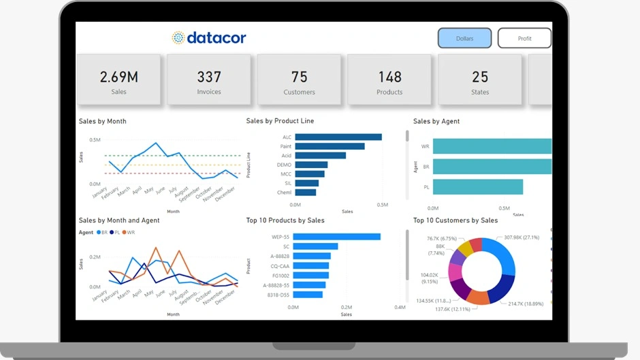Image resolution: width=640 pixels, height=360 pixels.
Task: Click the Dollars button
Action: pos(464,38)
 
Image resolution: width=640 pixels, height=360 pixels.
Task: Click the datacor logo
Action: pos(209,38)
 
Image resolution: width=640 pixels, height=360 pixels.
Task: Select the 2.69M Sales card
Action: pos(118,80)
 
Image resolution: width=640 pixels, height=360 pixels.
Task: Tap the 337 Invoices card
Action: pos(209,80)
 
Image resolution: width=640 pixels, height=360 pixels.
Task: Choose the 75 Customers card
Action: pos(299,80)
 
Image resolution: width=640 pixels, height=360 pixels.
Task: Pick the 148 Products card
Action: pos(389,80)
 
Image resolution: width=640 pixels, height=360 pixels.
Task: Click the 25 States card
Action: pos(480,80)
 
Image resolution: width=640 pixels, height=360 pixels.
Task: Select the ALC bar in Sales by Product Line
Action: pos(338,137)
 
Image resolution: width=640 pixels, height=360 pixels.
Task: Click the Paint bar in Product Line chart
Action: pos(330,146)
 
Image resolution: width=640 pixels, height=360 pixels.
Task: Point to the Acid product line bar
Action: pos(320,155)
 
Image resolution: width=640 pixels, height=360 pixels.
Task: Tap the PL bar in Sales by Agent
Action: pos(478,187)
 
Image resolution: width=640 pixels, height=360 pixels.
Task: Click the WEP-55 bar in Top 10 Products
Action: pos(336,237)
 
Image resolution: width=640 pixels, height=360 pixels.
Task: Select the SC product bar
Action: pos(315,246)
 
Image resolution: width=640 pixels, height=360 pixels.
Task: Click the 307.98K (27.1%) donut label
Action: pos(522,238)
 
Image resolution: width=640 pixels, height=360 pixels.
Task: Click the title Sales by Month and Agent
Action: pos(119,220)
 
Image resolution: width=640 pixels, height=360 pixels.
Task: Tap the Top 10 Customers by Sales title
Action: pos(455,220)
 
